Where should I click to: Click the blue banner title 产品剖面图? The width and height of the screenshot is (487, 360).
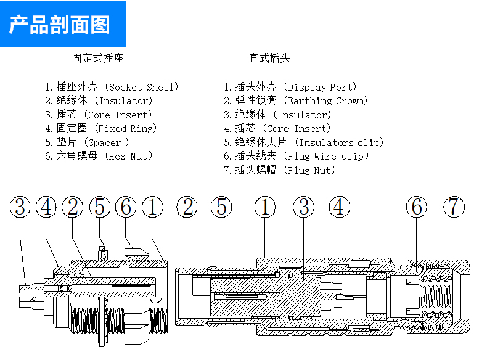(x=60, y=25)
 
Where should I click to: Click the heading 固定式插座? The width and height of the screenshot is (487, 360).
(x=98, y=58)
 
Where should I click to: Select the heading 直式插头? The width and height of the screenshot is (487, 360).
(x=269, y=58)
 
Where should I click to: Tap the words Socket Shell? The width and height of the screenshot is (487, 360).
(x=141, y=88)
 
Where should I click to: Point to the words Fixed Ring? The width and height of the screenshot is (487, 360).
(x=126, y=129)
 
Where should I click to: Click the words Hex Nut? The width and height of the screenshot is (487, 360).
(x=128, y=156)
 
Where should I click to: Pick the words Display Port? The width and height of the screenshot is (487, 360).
(x=320, y=88)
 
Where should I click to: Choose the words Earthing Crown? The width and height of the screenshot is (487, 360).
(x=325, y=101)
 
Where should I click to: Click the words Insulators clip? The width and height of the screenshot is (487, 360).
(x=339, y=142)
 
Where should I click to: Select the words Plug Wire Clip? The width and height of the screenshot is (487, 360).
(x=326, y=156)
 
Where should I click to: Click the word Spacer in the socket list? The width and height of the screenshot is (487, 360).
(x=104, y=142)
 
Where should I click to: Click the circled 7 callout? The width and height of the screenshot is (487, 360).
(x=454, y=207)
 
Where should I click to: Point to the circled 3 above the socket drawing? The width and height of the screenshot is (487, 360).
(x=20, y=207)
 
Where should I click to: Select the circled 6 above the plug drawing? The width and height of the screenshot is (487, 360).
(x=417, y=207)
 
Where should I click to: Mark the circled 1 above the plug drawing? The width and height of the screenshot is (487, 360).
(x=265, y=207)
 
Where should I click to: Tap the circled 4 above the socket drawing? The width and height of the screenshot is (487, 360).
(x=46, y=207)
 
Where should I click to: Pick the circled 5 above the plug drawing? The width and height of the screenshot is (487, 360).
(x=221, y=207)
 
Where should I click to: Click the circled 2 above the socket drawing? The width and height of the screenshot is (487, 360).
(x=73, y=207)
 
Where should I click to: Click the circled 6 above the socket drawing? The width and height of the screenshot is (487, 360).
(x=126, y=207)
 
